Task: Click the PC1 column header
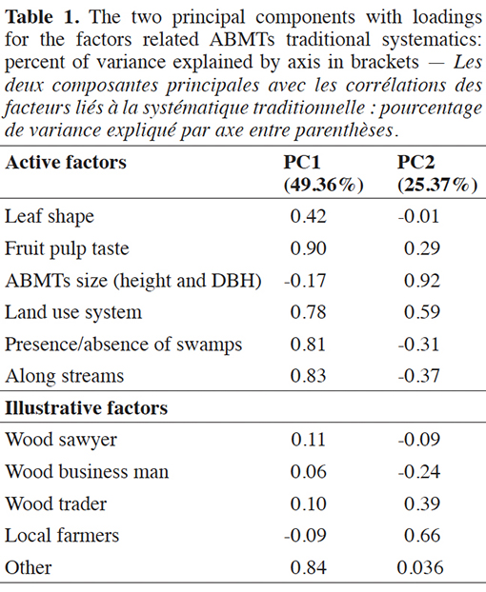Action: [302, 163]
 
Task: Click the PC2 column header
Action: [415, 163]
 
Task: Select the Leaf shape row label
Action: [50, 217]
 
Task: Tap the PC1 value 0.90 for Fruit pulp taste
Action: [308, 248]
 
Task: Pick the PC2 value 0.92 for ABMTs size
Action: [422, 281]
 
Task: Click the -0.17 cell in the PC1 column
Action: [305, 281]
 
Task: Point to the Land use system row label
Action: [73, 312]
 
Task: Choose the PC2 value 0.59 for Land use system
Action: [422, 312]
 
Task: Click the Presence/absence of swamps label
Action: [123, 345]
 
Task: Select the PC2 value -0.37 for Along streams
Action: [419, 376]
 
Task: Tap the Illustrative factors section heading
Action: [86, 408]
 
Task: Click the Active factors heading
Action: [66, 163]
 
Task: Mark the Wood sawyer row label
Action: [61, 441]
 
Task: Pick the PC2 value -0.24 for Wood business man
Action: [419, 472]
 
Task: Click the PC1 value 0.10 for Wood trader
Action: [308, 504]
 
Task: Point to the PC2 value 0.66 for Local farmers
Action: [422, 536]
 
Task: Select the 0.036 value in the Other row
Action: [420, 568]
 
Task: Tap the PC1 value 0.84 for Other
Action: [308, 568]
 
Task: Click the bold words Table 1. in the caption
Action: [42, 17]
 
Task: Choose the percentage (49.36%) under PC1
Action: [323, 185]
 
